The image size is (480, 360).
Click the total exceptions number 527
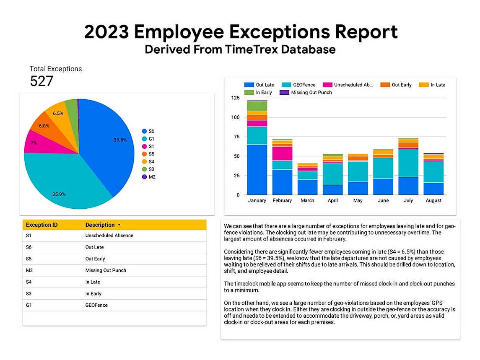tap(42, 81)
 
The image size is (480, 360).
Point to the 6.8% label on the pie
tap(44, 126)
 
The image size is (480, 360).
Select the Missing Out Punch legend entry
tap(306, 92)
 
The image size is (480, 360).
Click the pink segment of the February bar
tap(282, 153)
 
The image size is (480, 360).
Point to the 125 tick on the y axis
tap(236, 98)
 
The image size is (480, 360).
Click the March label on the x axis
tap(307, 200)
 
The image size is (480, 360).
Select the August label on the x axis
tap(433, 200)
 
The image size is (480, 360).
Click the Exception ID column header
tap(42, 225)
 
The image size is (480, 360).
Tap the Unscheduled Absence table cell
tap(109, 236)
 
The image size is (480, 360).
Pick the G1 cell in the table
tap(29, 305)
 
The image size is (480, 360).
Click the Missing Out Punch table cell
tap(106, 270)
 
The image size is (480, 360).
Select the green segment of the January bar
tap(257, 106)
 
